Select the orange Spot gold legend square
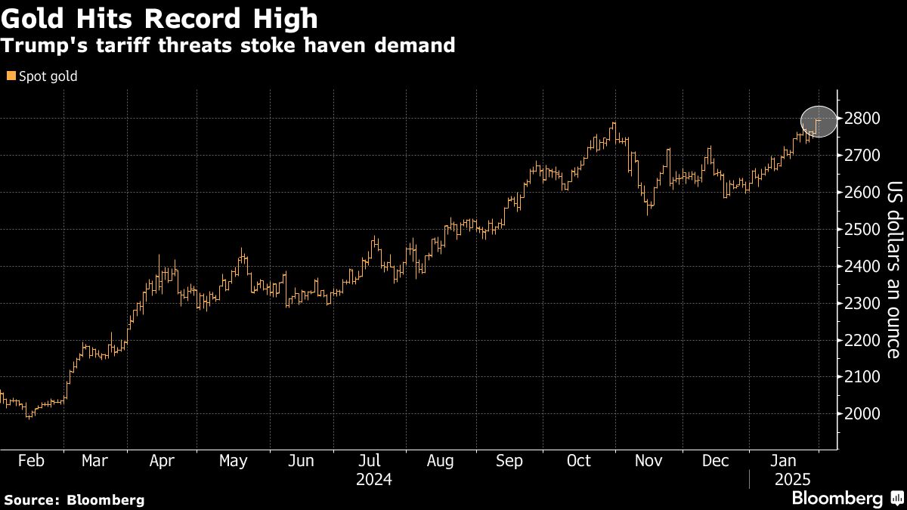[10, 76]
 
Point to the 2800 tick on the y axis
[862, 119]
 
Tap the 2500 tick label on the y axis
[862, 230]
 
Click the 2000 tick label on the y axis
[862, 414]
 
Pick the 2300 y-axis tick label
[862, 304]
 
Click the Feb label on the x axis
[31, 460]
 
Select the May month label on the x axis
[232, 460]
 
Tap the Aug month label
[440, 460]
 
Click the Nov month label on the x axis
[648, 460]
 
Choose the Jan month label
[785, 460]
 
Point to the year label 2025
[792, 479]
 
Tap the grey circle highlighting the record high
[819, 121]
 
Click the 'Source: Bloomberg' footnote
[74, 499]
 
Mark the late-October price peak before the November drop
[614, 123]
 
